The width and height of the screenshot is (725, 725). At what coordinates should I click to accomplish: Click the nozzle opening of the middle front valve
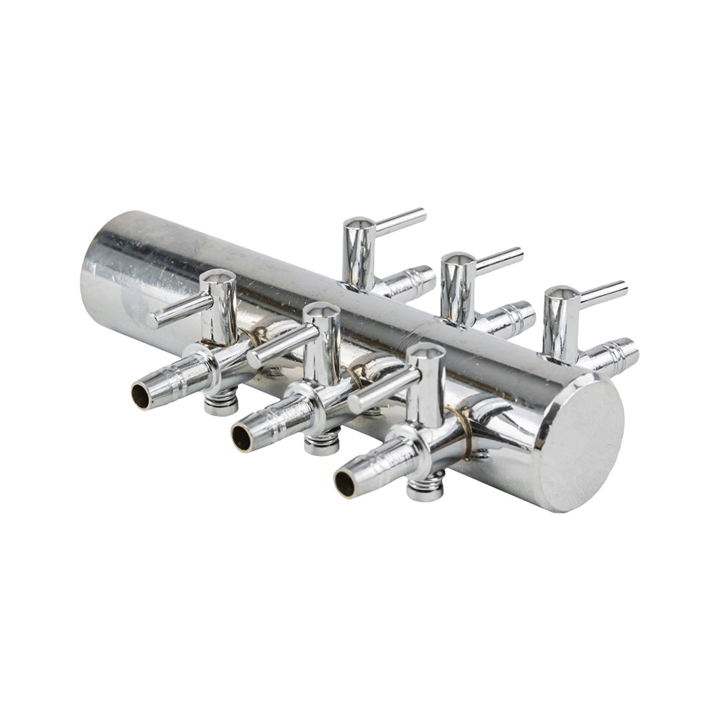(242, 438)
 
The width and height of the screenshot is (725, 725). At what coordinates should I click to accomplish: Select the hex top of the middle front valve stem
(321, 312)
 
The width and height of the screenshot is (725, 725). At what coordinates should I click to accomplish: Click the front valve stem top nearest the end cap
(425, 354)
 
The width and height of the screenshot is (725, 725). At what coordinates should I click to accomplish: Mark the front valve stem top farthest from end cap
(217, 278)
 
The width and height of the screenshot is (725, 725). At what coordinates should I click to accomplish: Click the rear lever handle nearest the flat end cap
(603, 292)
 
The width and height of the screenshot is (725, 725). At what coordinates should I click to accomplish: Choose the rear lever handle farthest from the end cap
(399, 220)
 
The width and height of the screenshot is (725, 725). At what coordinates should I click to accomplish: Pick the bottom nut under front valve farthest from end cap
(221, 403)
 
